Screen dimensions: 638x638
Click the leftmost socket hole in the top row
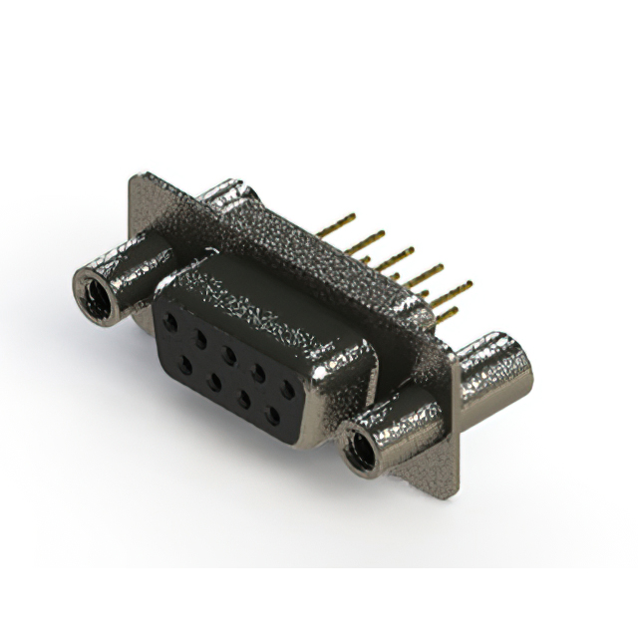(171, 323)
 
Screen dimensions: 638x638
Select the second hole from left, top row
(199, 339)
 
